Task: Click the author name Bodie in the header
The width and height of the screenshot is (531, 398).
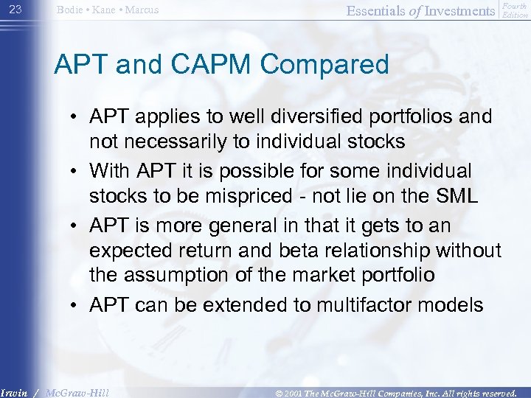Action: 72,10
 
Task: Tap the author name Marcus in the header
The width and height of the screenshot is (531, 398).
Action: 140,10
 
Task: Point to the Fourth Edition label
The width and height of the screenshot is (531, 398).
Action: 515,10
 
